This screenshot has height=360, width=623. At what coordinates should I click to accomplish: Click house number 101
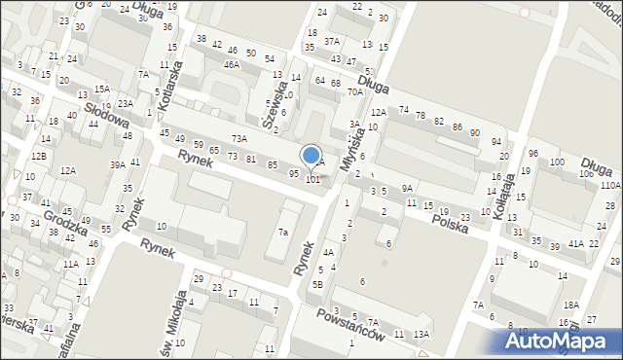tap(313, 180)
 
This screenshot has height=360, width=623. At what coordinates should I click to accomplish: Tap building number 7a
tap(283, 233)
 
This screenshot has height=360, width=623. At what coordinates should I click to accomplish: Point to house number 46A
tap(232, 65)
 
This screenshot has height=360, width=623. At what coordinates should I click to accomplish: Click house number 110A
tap(610, 185)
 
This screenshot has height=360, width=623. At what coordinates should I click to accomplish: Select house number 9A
tap(408, 188)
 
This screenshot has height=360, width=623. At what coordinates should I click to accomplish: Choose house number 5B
tap(317, 284)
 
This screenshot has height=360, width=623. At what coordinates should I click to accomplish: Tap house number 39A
tap(118, 165)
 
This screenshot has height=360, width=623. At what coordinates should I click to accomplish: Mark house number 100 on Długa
tap(557, 162)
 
